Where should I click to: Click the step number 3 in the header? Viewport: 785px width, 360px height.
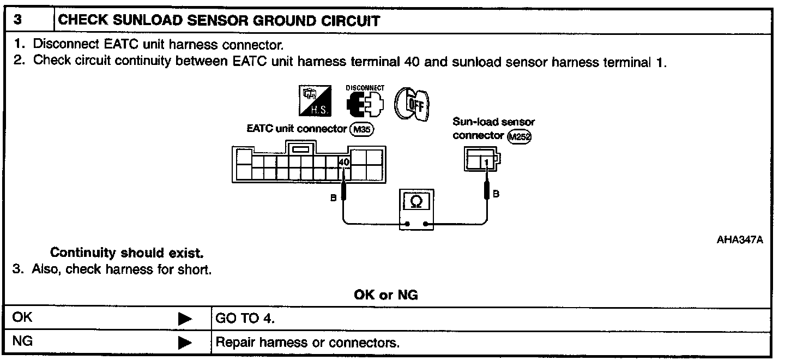pyautogui.click(x=17, y=21)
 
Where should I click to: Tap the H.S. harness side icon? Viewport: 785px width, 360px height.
pyautogui.click(x=315, y=101)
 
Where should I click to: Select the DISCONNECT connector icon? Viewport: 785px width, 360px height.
pyautogui.click(x=365, y=102)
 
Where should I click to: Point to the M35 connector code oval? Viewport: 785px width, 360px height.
pyautogui.click(x=359, y=129)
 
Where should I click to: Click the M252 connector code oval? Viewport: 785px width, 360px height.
pyautogui.click(x=518, y=136)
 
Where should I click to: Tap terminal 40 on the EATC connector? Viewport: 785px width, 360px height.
pyautogui.click(x=343, y=162)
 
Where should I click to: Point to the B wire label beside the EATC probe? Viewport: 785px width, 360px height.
pyautogui.click(x=334, y=198)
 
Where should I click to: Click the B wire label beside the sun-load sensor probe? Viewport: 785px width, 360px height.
pyautogui.click(x=496, y=194)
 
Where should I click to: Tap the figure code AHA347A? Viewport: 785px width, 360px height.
pyautogui.click(x=739, y=239)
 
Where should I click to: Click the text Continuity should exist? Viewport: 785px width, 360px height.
pyautogui.click(x=126, y=253)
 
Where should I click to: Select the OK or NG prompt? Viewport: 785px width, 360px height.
pyautogui.click(x=386, y=295)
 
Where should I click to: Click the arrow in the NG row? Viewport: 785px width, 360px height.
pyautogui.click(x=185, y=343)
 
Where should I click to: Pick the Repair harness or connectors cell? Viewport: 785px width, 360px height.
pyautogui.click(x=307, y=343)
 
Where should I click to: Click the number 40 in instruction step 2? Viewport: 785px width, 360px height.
pyautogui.click(x=412, y=61)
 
